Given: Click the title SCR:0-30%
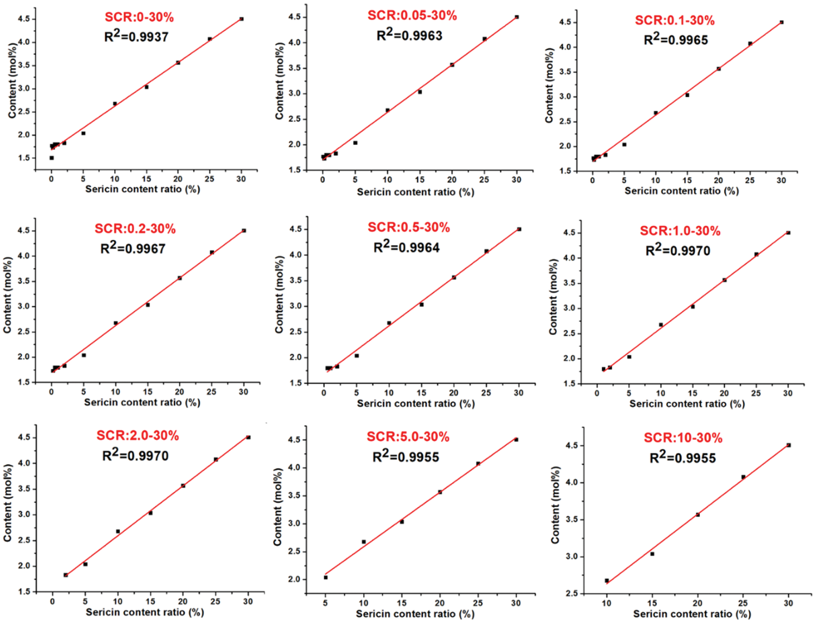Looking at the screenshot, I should [139, 17].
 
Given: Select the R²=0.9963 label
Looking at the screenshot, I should [409, 35].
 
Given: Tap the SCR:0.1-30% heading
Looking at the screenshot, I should [675, 20].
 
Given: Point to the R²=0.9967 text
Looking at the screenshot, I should [133, 248].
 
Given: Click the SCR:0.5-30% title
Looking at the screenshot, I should [408, 227].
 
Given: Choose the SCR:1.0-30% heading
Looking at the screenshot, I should [680, 231].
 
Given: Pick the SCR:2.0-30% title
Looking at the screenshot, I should [138, 435].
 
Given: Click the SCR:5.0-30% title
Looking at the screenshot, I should [408, 437].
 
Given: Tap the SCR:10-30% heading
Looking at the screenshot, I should [683, 438].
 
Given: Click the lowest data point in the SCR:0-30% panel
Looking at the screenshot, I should [52, 158].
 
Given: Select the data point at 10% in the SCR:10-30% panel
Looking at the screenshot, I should [607, 581].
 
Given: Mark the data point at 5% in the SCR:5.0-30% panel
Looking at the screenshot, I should [325, 577].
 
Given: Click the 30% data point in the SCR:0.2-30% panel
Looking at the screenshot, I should [244, 231].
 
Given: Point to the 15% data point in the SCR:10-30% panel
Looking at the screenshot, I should [652, 554].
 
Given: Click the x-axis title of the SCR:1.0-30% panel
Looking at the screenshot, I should [687, 404].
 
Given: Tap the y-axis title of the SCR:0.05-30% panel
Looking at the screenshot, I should [280, 80].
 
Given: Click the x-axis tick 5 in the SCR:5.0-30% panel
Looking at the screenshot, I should [325, 603].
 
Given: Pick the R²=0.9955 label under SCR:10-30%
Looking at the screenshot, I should [683, 458].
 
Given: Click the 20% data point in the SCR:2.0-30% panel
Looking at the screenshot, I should [183, 485].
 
